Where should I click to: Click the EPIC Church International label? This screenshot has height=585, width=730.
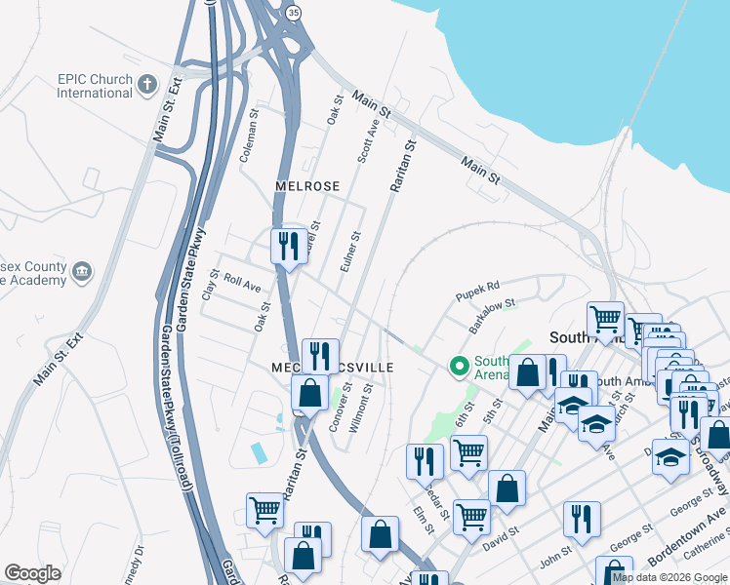pyautogui.click(x=94, y=85)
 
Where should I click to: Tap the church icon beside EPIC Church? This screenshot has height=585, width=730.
pyautogui.click(x=148, y=84)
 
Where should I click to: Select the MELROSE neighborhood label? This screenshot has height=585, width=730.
pyautogui.click(x=307, y=186)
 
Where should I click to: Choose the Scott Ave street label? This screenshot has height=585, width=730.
pyautogui.click(x=368, y=142)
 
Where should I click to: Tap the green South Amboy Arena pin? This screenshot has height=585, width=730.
pyautogui.click(x=459, y=367)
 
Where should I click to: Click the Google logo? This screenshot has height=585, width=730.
pyautogui.click(x=32, y=573)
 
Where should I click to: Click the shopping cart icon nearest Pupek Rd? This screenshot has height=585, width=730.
pyautogui.click(x=605, y=318)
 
